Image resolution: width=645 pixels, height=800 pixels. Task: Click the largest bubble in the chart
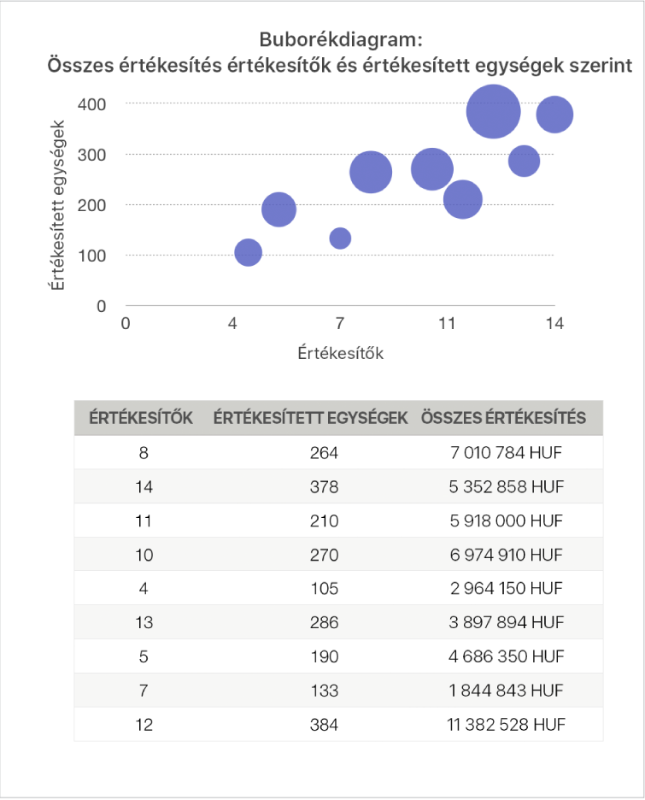[x=494, y=111]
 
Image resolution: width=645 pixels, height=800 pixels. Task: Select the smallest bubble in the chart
[x=340, y=238]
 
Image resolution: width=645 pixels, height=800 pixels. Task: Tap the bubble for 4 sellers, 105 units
[x=248, y=252]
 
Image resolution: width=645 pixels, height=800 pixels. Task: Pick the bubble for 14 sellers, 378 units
[x=554, y=115]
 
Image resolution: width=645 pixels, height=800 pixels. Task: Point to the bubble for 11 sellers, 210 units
[x=463, y=199]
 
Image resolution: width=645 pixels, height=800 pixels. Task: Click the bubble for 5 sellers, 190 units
[x=279, y=209]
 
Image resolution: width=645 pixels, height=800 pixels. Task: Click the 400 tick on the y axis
[x=94, y=104]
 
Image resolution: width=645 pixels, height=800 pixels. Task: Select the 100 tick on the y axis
[x=94, y=256]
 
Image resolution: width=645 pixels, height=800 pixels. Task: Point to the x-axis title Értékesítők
[x=340, y=353]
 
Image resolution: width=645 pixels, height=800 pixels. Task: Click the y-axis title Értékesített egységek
[x=58, y=205]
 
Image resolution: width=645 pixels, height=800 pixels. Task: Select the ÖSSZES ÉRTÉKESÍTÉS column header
[x=502, y=418]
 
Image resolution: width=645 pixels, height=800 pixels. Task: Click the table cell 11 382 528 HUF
[x=502, y=725]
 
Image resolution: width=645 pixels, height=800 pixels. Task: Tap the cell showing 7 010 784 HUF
[x=502, y=453]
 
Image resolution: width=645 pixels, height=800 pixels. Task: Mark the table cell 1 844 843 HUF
[x=502, y=691]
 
